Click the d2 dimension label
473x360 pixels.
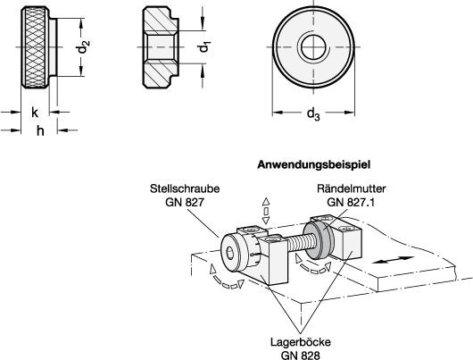tap(84, 46)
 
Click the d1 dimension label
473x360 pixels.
tap(204, 47)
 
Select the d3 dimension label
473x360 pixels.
tap(313, 113)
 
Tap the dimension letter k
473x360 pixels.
tap(35, 113)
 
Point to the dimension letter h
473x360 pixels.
tap(40, 131)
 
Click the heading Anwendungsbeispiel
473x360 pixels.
tap(313, 165)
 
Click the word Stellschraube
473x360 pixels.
tap(185, 188)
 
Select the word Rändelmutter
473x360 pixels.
tap(352, 188)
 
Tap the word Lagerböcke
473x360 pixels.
tap(301, 342)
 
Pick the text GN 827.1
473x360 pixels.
tap(351, 202)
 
